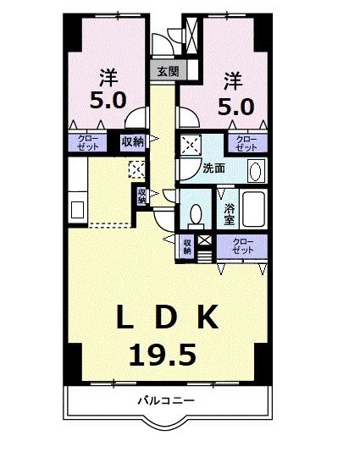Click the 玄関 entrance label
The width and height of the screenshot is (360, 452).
pyautogui.click(x=168, y=72)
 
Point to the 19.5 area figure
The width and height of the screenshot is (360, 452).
pyautogui.click(x=165, y=353)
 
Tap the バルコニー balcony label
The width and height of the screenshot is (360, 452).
pyautogui.click(x=167, y=400)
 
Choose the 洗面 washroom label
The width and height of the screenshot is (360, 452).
pyautogui.click(x=213, y=168)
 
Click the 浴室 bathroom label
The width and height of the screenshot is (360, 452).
pyautogui.click(x=229, y=214)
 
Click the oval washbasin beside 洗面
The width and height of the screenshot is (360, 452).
pyautogui.click(x=254, y=168)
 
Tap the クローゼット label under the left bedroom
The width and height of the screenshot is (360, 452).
pyautogui.click(x=88, y=142)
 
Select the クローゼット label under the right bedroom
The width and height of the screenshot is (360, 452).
pyautogui.click(x=246, y=142)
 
